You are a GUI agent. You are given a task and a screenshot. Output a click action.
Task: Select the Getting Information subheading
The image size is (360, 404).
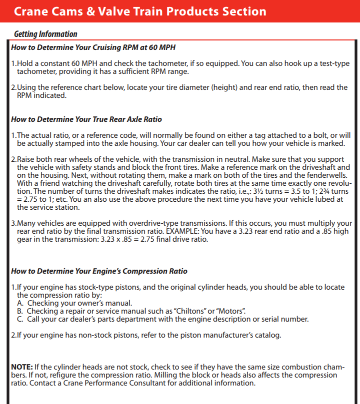click(x=45, y=34)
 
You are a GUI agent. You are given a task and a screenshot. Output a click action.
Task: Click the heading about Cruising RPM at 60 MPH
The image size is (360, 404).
click(x=93, y=47)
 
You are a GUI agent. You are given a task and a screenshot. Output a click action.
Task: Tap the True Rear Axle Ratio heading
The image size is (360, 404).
click(x=86, y=119)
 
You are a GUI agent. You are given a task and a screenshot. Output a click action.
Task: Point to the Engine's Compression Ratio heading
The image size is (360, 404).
click(x=99, y=271)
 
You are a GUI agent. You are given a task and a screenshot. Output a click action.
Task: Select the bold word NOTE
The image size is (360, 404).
click(x=22, y=367)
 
